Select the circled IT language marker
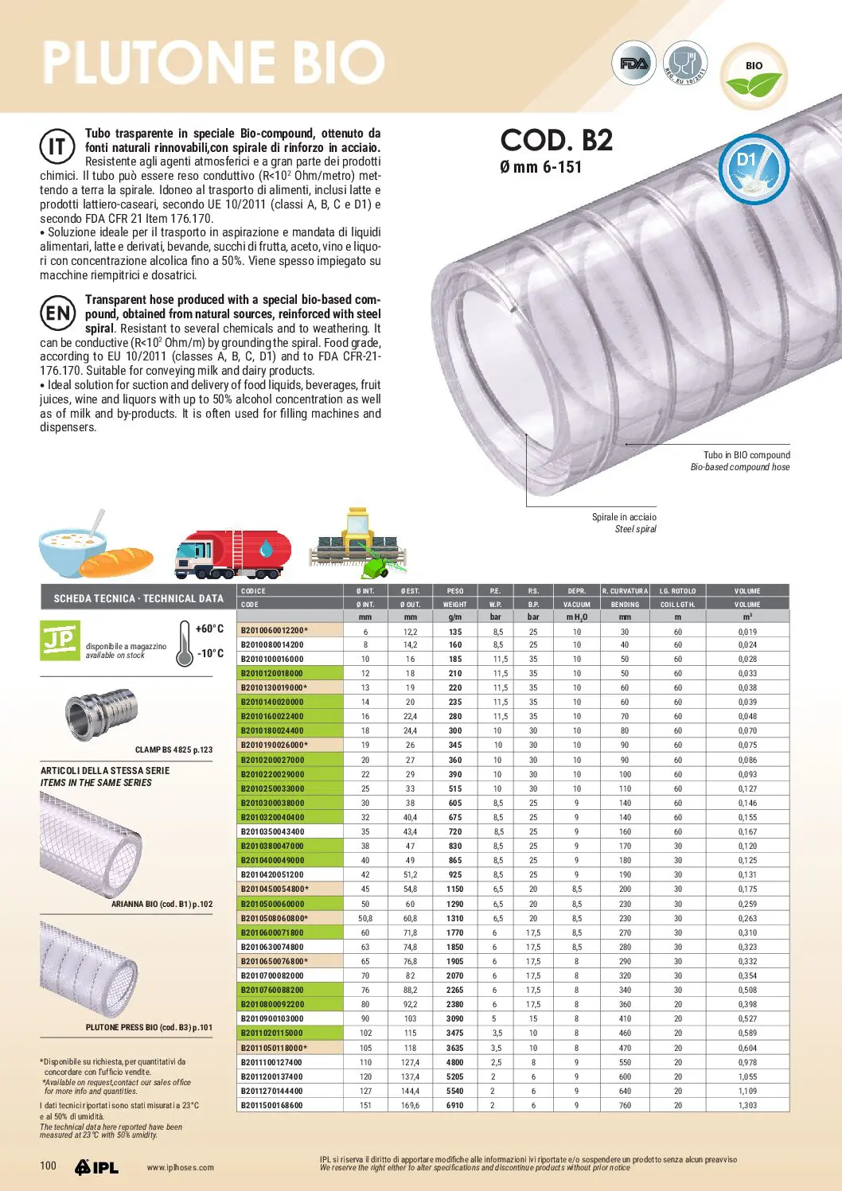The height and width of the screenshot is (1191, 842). tap(57, 146)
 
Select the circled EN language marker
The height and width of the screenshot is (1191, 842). tap(58, 313)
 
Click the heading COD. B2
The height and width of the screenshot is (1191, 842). tap(556, 141)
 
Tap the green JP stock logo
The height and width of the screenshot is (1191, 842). tap(60, 640)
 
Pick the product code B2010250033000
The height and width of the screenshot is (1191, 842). tap(272, 788)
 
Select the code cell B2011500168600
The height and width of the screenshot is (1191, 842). tap(272, 1105)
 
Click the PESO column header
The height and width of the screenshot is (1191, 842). tap(455, 591)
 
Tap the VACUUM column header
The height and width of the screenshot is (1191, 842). tap(577, 605)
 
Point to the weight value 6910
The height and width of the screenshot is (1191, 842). tap(455, 1105)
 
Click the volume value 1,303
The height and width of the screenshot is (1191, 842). tap(747, 1105)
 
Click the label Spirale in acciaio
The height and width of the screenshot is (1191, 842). tap(624, 517)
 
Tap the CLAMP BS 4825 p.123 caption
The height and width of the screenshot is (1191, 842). tap(173, 749)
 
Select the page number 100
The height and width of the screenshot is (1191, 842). tap(49, 1166)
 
